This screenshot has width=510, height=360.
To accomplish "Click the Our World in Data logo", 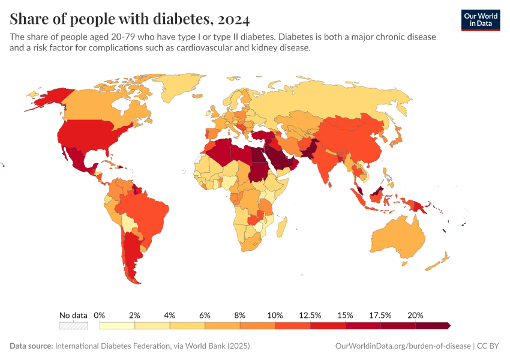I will (480, 20).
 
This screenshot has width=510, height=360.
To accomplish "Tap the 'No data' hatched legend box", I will (73, 326).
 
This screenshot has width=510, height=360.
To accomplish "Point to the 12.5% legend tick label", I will (310, 315).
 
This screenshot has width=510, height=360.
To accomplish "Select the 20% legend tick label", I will (415, 315).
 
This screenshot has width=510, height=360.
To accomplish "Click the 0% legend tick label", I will (100, 315).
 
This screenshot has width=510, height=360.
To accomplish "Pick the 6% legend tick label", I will (205, 315).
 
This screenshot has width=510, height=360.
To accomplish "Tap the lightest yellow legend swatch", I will (117, 326).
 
